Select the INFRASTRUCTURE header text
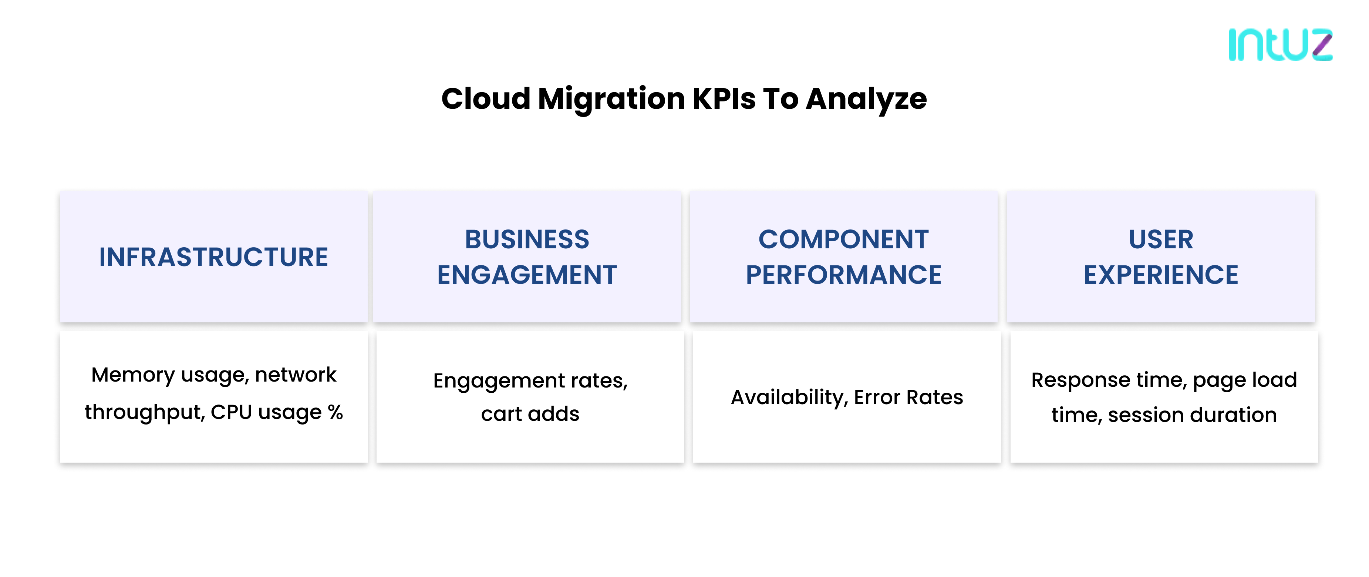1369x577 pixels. click(x=214, y=257)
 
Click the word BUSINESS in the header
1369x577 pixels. click(x=527, y=240)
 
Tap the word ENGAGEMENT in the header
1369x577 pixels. click(x=527, y=275)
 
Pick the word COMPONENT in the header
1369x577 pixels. click(x=843, y=240)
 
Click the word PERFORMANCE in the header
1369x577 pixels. click(x=843, y=275)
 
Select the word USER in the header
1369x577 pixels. click(x=1161, y=240)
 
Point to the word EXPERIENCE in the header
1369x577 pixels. click(x=1161, y=275)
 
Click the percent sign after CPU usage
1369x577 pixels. click(x=335, y=412)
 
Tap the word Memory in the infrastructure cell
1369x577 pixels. click(x=133, y=375)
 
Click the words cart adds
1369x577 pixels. click(x=530, y=414)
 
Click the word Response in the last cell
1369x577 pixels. click(x=1080, y=380)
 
